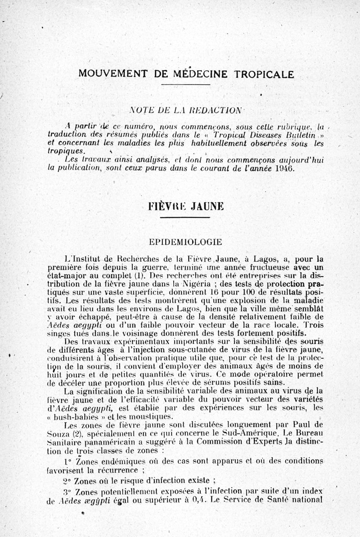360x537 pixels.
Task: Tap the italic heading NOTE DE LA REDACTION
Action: [x=184, y=109]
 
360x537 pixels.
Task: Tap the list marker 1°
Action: [x=68, y=462]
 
